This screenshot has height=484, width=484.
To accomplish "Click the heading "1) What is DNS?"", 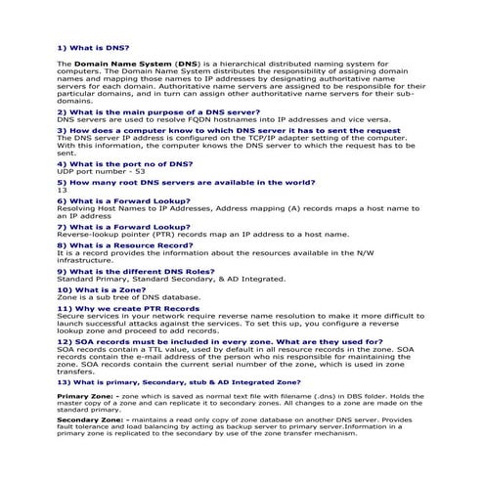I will (94, 48).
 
